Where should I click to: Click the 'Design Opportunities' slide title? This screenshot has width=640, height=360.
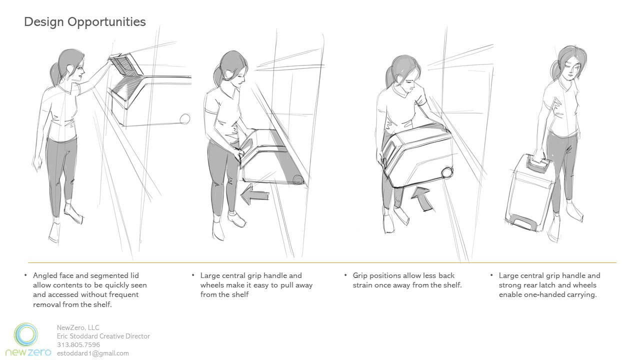pos(85,22)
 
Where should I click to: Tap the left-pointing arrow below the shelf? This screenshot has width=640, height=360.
pos(254,195)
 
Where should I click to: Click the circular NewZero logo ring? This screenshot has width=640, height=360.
pos(26,335)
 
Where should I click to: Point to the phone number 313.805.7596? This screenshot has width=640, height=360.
pos(78,345)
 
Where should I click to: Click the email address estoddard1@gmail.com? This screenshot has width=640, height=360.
pos(93,353)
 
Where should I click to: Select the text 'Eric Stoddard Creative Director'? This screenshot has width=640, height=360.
pos(103,336)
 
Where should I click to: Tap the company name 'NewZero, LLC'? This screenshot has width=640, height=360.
pos(78,327)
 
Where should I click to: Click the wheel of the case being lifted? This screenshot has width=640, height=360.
pos(447,172)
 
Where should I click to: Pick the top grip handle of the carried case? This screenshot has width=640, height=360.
pos(537,163)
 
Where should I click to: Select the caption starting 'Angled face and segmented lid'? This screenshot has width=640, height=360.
pos(90,289)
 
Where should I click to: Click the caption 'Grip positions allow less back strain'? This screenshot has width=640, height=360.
pos(407,280)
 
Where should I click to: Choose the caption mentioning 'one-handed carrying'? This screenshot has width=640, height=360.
pos(549,285)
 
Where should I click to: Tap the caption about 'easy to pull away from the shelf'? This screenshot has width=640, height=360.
pos(256,285)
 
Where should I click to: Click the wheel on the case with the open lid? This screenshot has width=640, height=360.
pos(185,118)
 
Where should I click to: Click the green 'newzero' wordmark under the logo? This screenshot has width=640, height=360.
pos(28,352)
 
